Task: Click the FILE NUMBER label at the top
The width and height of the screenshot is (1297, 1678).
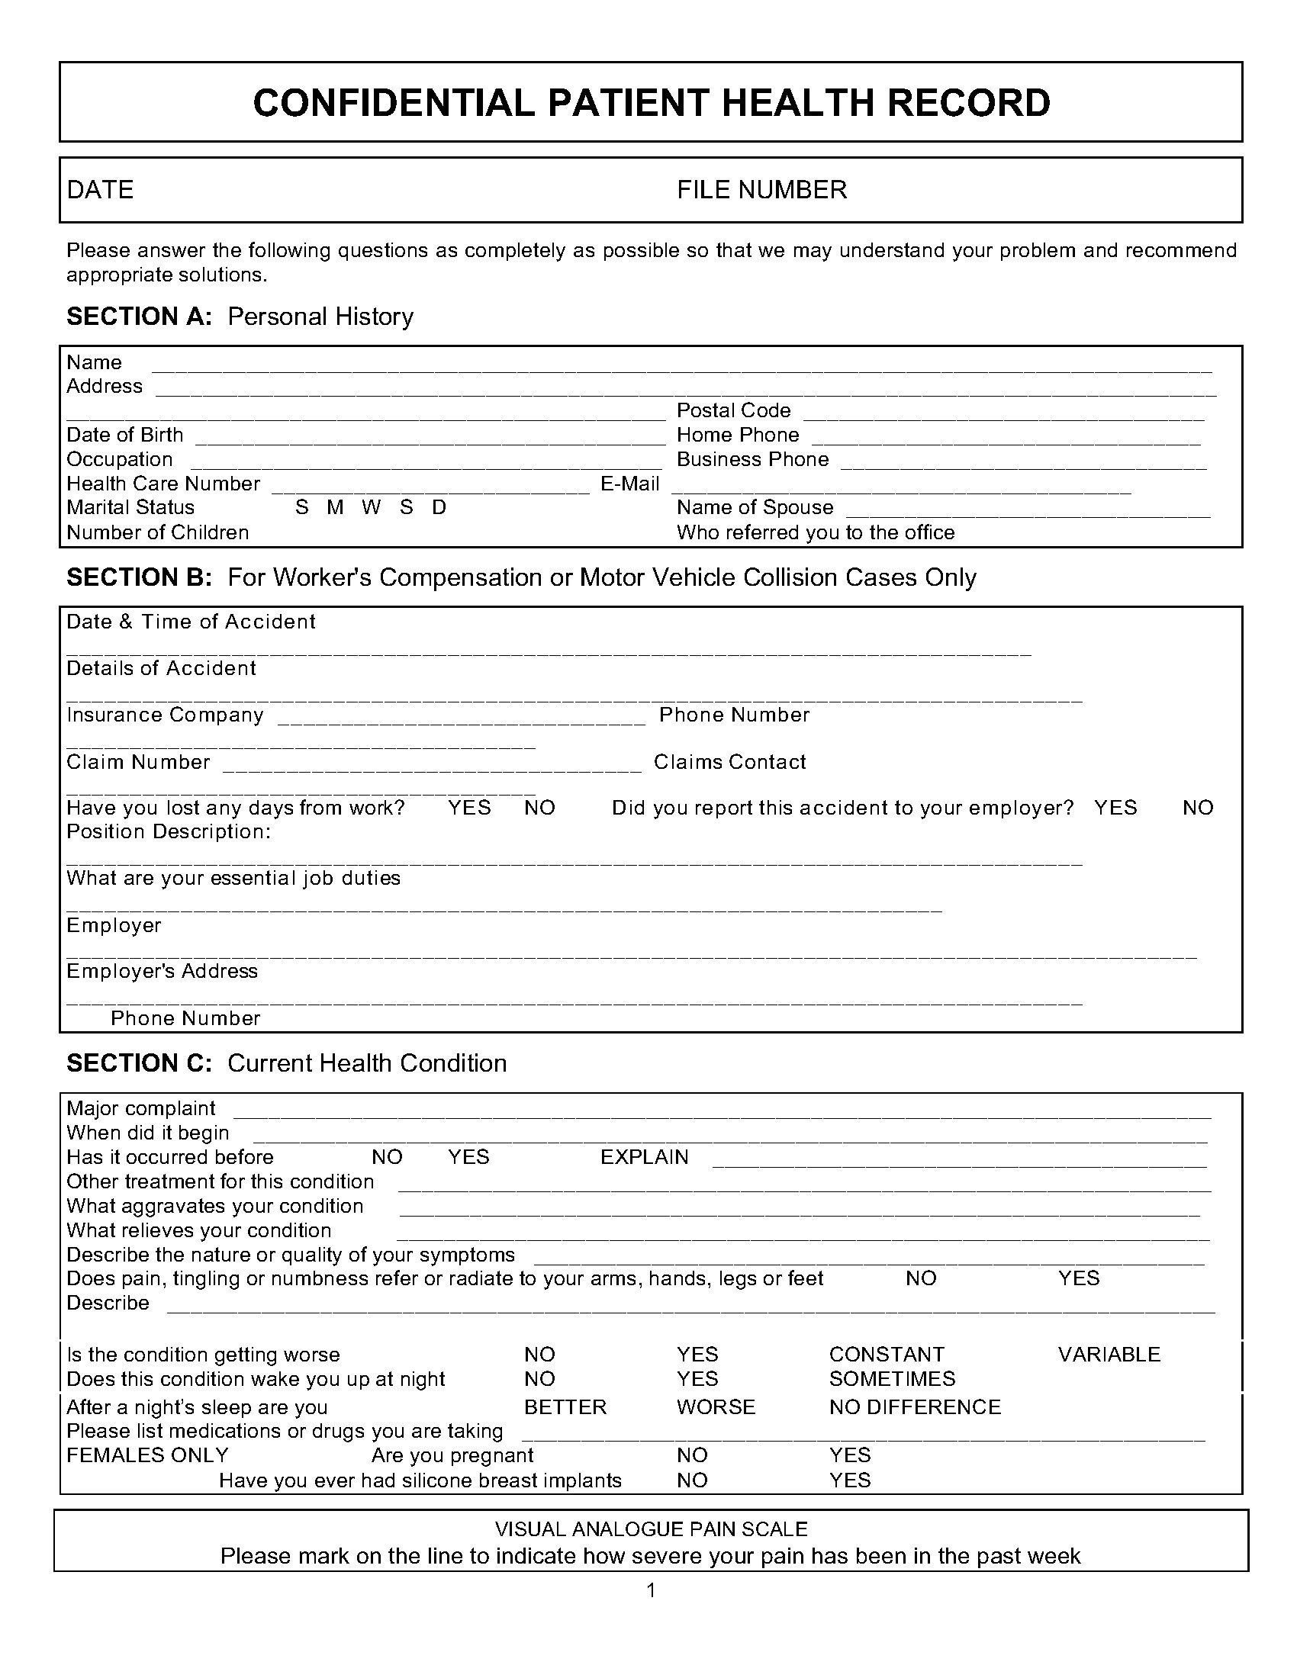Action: pos(761,190)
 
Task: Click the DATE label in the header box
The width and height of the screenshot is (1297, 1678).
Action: pos(100,190)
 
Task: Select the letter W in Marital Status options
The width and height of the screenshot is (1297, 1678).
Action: pos(371,508)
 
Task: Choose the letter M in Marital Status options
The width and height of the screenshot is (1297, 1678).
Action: pos(335,508)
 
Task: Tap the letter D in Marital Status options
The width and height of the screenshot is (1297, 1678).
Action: pos(439,508)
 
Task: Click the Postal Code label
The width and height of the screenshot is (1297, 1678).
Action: pos(733,410)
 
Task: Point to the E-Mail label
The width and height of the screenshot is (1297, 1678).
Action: pos(630,484)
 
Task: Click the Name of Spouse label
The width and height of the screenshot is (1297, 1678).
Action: pos(755,508)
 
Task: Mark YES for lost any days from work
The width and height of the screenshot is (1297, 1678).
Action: pos(469,808)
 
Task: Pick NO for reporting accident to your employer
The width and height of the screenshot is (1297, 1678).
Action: pos(1198,808)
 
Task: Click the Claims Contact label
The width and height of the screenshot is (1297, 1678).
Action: pos(730,762)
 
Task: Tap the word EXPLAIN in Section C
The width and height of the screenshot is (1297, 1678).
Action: pos(645,1157)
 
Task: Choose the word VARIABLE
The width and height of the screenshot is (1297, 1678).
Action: pos(1109,1355)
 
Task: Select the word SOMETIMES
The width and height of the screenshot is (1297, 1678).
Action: pos(892,1379)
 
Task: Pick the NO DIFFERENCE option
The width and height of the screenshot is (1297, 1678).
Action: pos(915,1407)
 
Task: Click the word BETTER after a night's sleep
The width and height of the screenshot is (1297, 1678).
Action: pos(565,1407)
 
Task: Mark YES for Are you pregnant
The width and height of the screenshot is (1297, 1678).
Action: pos(850,1455)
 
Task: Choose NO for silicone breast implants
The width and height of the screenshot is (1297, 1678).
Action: pos(692,1480)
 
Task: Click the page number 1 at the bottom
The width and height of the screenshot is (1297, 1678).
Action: pos(652,1590)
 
